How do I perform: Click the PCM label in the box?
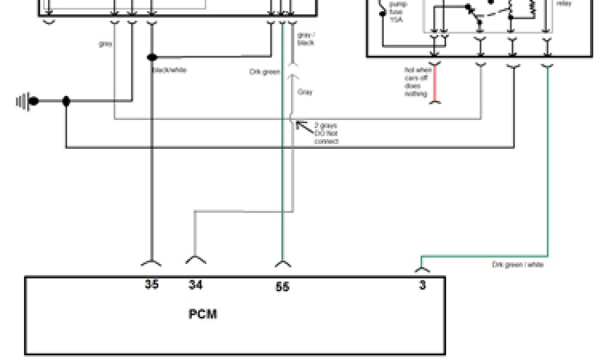coord(203,314)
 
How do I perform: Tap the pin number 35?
coord(152,284)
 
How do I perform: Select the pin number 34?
coord(195,285)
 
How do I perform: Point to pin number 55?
coord(282,287)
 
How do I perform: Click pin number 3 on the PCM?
coord(422,286)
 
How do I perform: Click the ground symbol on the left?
coord(26,101)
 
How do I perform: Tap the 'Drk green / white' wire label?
coord(517,265)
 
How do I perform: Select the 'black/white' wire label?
coord(170,70)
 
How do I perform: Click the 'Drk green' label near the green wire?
coord(264,72)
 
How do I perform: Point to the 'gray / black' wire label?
coord(306,39)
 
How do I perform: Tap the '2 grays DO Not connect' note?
coord(326,133)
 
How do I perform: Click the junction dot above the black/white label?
coord(152,58)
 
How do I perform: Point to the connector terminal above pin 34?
coord(195,260)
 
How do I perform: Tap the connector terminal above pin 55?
coord(283,263)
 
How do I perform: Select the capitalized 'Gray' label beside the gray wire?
coord(305,92)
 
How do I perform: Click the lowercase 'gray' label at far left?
coord(106,44)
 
